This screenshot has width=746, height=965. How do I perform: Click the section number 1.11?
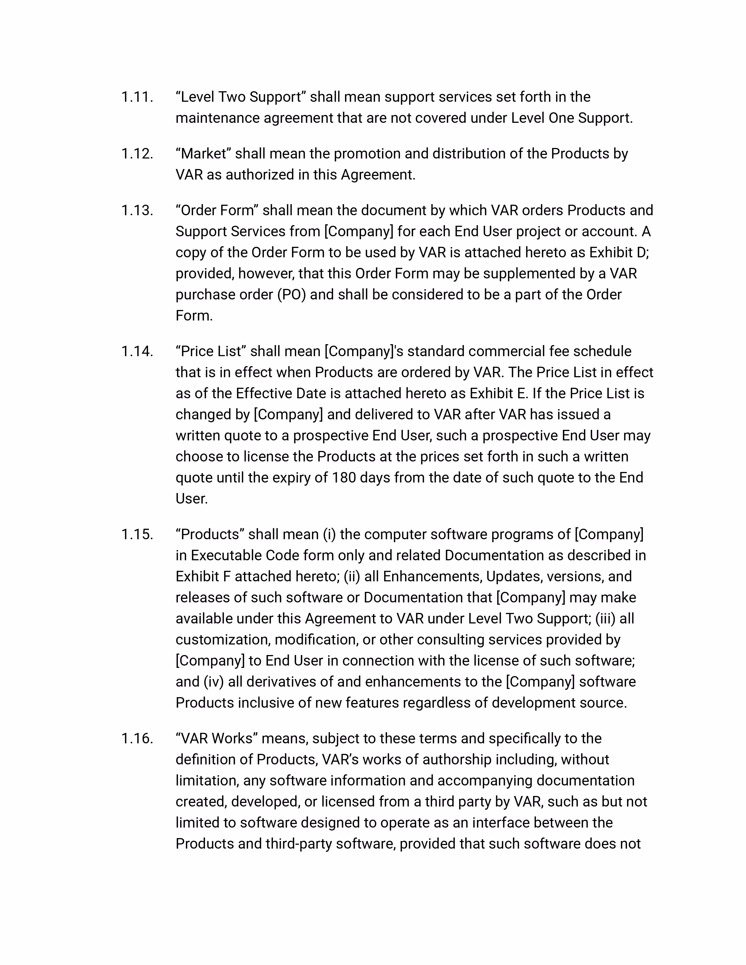pos(137,97)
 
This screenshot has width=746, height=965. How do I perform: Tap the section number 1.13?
pos(137,210)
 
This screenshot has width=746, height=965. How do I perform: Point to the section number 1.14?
pos(137,351)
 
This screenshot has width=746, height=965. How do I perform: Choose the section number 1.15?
pos(137,534)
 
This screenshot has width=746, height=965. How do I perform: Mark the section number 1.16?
pos(137,738)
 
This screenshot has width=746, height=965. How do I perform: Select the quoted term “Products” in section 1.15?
pos(210,534)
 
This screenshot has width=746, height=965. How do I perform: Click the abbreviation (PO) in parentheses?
pos(291,295)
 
